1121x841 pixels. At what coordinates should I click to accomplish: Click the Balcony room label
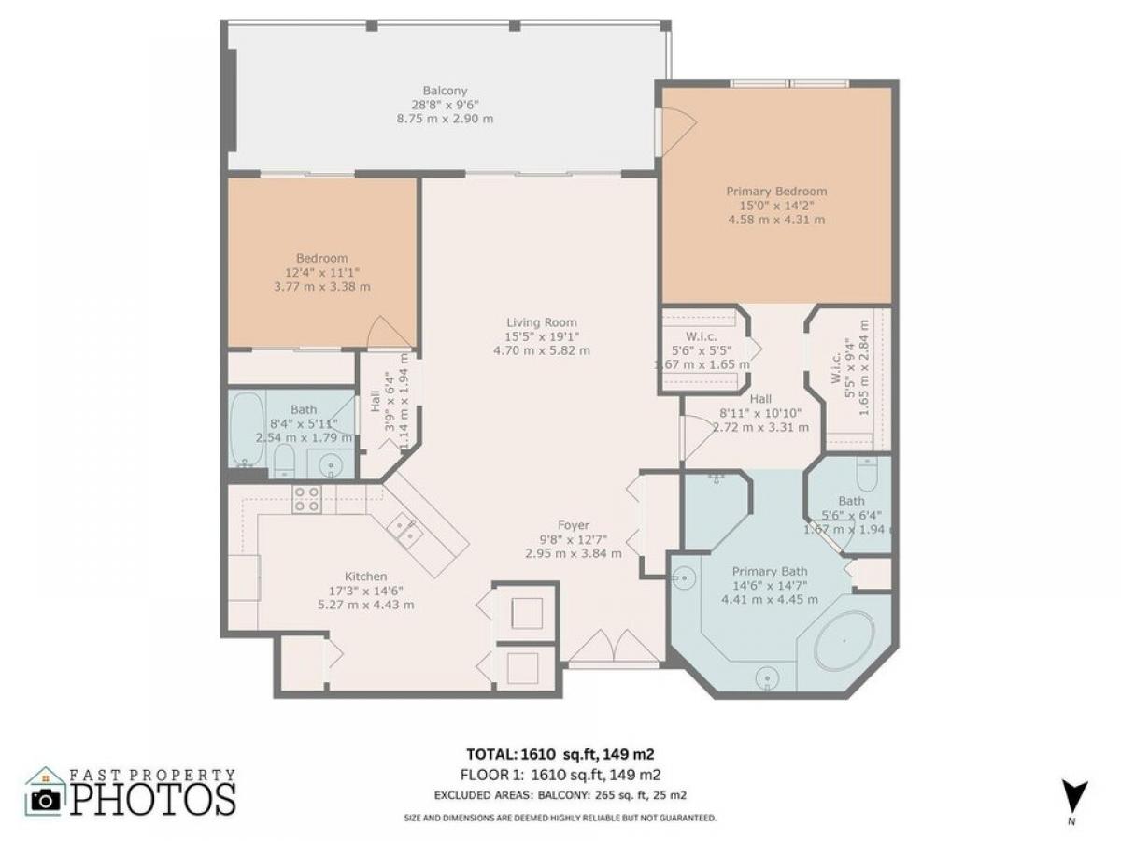tap(445, 91)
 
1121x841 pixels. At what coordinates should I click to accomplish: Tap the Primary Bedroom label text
tap(775, 192)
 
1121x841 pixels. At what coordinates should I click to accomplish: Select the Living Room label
tap(541, 322)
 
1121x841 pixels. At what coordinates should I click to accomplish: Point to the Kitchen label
tap(365, 577)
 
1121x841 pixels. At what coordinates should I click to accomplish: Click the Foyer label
tap(573, 525)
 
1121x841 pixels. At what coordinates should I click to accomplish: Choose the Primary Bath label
tap(770, 571)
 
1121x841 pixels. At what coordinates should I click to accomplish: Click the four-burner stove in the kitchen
tap(306, 499)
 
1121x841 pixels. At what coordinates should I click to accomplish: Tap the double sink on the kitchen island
tap(404, 530)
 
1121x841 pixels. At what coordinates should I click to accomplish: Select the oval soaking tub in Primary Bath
tap(844, 641)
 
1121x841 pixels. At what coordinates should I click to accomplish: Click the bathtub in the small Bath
tap(247, 430)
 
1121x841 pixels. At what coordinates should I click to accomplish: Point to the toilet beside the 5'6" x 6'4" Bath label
tap(867, 473)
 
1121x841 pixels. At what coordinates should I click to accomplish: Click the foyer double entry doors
tap(614, 647)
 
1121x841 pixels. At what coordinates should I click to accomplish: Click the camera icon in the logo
tap(46, 801)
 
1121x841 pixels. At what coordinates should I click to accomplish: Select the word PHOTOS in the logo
tap(152, 800)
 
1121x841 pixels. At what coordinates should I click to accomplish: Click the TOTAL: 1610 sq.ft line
tap(560, 754)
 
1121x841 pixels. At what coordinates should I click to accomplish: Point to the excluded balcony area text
tap(560, 795)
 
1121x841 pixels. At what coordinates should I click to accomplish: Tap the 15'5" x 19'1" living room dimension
tap(541, 336)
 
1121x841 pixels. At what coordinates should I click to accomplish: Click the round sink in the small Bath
tap(332, 465)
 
